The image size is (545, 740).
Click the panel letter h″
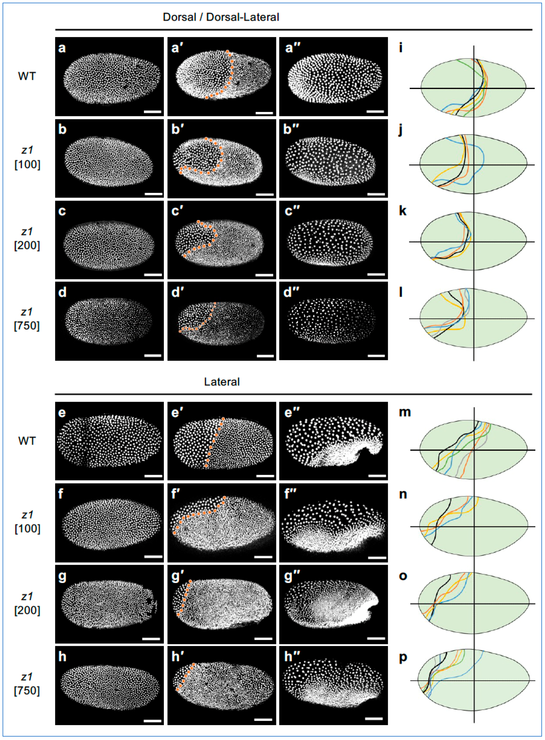291,657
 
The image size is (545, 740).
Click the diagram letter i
401,48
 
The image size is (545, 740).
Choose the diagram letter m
405,412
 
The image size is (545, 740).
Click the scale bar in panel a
152,112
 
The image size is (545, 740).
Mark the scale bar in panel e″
377,476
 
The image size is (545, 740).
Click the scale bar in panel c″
376,274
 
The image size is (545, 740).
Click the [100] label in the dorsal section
27,164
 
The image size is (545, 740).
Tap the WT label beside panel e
27,441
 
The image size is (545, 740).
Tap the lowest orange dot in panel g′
178,614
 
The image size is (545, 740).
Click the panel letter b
62,129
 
